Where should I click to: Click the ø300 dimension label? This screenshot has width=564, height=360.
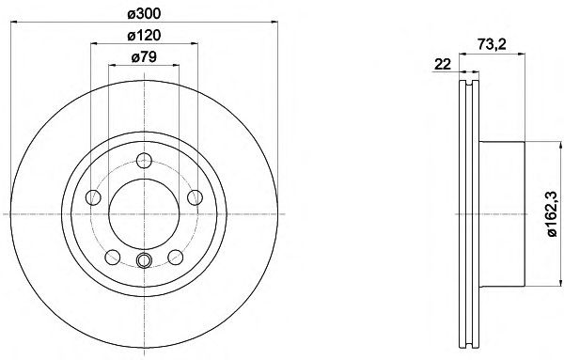click(x=144, y=14)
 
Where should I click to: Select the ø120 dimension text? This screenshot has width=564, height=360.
click(x=144, y=35)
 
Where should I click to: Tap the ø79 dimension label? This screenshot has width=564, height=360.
click(x=144, y=56)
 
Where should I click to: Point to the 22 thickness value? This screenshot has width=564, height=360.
click(x=443, y=64)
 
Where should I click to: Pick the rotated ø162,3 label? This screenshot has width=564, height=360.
click(x=552, y=214)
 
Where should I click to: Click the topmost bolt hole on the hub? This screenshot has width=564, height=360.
click(x=144, y=161)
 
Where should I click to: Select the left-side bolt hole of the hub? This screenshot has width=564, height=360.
click(x=93, y=197)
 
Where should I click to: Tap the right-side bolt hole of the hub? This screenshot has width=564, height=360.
click(x=196, y=197)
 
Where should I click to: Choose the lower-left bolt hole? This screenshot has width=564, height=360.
click(x=113, y=257)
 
